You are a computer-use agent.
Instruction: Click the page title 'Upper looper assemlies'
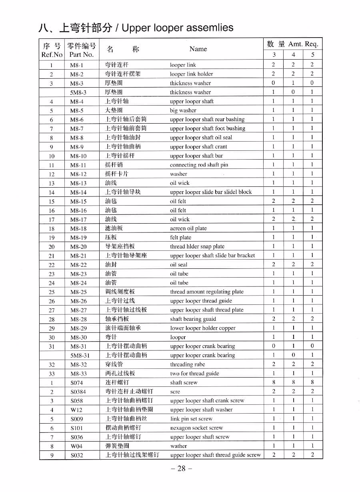click(x=177, y=28)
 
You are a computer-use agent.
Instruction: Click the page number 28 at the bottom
click(x=181, y=468)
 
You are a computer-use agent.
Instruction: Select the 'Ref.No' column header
click(x=52, y=54)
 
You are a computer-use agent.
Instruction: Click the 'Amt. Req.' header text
click(x=303, y=44)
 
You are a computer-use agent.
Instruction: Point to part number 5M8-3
click(x=78, y=92)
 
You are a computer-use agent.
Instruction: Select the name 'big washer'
click(x=183, y=110)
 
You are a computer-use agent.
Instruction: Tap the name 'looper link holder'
click(x=191, y=74)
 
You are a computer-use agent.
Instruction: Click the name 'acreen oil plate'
click(x=188, y=228)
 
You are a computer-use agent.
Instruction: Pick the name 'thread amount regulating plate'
click(x=206, y=292)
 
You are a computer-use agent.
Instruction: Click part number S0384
click(x=78, y=392)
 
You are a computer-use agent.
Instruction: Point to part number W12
click(x=76, y=410)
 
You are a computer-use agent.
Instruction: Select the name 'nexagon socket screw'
click(x=196, y=428)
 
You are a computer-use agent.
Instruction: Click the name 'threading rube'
click(x=187, y=364)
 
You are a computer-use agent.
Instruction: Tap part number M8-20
click(x=78, y=247)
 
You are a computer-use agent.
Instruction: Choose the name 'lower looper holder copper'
click(x=202, y=328)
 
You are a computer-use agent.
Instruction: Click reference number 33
click(x=52, y=374)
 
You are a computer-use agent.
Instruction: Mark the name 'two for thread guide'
click(x=194, y=374)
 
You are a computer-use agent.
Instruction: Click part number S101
click(x=77, y=428)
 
